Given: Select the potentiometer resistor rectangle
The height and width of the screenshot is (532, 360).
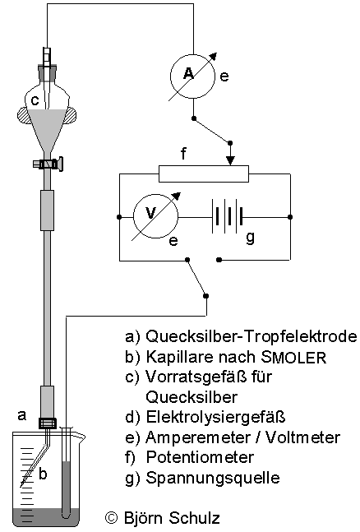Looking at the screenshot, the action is click(204, 173).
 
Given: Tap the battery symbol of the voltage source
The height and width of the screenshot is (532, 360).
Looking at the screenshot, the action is click(228, 216).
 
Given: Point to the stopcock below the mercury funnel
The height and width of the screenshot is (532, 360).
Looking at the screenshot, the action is click(48, 164).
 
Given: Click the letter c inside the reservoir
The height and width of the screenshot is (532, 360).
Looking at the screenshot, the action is click(35, 100).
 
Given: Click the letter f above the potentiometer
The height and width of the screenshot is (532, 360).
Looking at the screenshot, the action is click(183, 153).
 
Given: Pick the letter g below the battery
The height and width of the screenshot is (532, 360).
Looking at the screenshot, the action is click(251, 238).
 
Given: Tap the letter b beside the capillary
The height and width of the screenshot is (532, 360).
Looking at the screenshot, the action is click(43, 474).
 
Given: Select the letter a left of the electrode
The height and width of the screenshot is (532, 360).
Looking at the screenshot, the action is click(21, 414).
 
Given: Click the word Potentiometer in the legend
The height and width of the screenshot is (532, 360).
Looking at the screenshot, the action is click(200, 457).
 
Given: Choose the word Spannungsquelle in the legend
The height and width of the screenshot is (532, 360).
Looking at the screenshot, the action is click(213, 478).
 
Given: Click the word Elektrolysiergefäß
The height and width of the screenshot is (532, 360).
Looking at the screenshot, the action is click(216, 417).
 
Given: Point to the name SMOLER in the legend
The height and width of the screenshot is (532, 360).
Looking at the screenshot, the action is click(294, 357).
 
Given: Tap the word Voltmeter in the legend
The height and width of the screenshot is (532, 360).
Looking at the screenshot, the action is click(302, 437).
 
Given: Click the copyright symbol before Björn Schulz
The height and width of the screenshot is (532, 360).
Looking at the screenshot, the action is click(111, 518).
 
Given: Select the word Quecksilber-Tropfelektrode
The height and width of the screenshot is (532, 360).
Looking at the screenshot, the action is click(252, 336).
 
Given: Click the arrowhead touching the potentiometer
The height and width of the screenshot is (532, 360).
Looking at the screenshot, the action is click(231, 161).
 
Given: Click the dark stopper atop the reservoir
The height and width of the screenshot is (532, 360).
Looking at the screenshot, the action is click(47, 72).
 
